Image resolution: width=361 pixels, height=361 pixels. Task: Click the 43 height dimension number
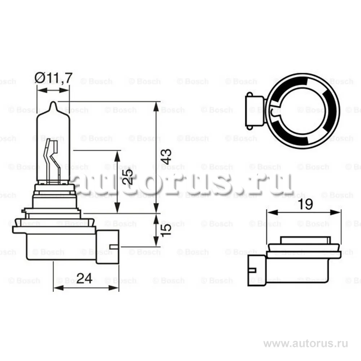166,156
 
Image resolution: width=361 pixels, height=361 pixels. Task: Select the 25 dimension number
127,177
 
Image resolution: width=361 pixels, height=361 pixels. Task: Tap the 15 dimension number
166,230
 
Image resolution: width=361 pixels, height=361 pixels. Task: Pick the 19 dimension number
305,205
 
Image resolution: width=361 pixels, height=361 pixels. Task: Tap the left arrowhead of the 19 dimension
269,213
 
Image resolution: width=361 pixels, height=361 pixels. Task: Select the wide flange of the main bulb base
54,229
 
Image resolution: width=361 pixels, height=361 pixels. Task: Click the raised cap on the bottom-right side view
305,240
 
